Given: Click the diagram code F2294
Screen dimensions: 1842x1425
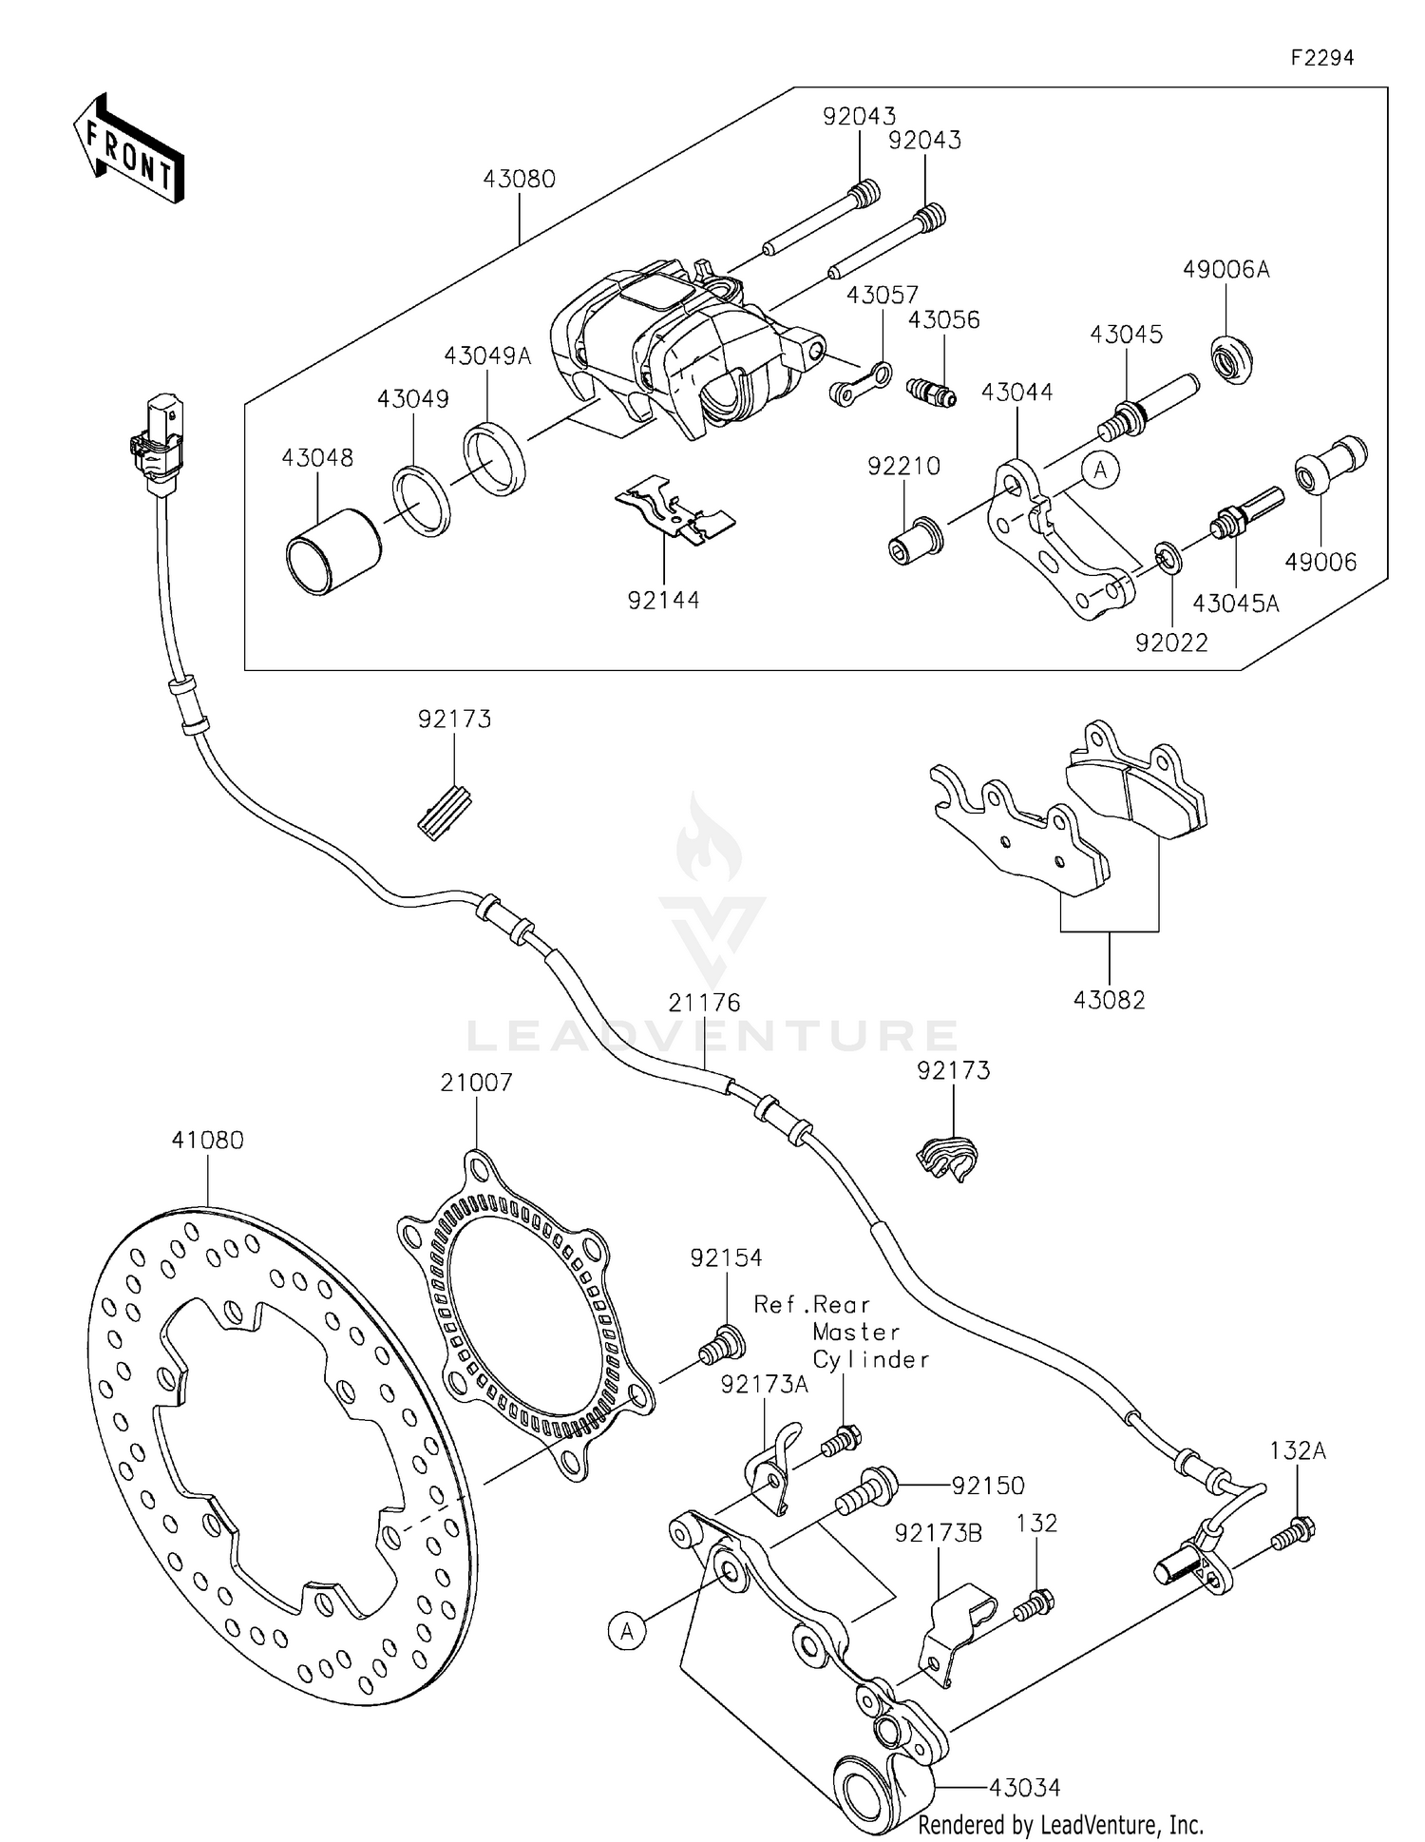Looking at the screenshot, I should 1321,58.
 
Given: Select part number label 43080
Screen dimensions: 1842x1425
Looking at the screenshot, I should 519,180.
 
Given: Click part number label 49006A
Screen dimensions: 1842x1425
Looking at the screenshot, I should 1225,270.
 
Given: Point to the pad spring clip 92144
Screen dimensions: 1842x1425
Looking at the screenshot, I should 676,511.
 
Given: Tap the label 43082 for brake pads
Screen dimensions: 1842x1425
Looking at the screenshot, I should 1109,1000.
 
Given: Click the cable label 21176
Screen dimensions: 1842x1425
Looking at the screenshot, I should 704,1003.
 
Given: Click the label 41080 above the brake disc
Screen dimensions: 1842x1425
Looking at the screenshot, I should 208,1140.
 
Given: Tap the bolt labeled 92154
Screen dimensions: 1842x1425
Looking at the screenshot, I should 722,1343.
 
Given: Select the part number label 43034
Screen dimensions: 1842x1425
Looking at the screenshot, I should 1024,1788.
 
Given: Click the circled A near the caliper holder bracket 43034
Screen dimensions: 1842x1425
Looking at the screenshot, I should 627,1631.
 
